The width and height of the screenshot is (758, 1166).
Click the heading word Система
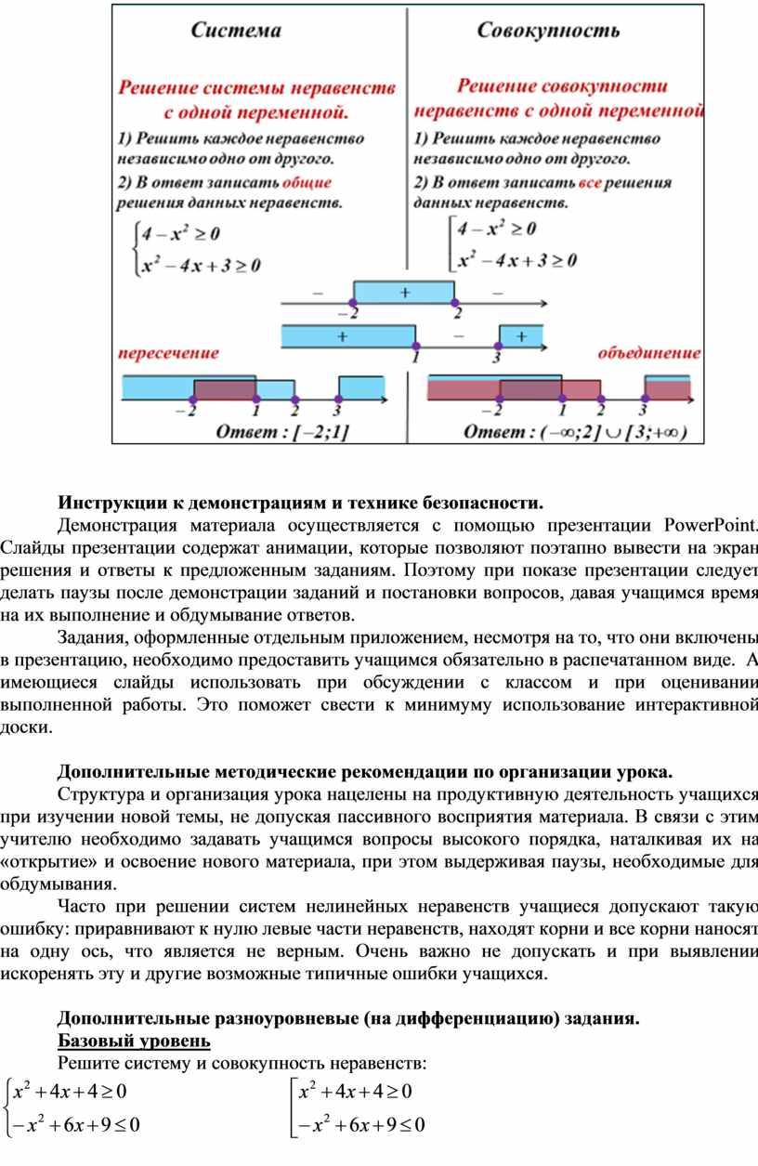(x=236, y=31)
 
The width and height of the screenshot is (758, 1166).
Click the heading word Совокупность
(x=548, y=31)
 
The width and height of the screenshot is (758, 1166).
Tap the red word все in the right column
(x=591, y=183)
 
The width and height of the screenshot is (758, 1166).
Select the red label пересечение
(x=168, y=353)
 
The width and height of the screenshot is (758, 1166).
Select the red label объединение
(x=648, y=353)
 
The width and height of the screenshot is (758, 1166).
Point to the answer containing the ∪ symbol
(x=575, y=431)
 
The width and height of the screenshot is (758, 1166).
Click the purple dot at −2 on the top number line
(x=352, y=303)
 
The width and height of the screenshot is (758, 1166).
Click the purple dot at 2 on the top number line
(x=454, y=303)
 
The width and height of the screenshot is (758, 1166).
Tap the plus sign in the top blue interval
(x=404, y=291)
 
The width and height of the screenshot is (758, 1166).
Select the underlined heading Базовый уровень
(x=134, y=1039)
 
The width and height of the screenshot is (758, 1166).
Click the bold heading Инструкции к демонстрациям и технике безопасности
(x=299, y=504)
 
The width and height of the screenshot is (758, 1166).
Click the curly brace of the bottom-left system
(x=9, y=1107)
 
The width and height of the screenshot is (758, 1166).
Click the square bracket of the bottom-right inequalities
(x=294, y=1107)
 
